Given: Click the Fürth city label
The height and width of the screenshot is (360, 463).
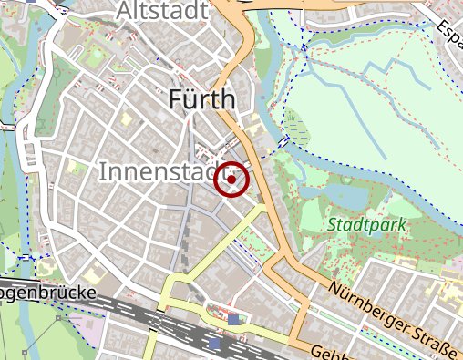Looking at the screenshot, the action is [x=202, y=98].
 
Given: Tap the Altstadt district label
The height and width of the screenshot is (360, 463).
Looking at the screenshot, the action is [x=163, y=11].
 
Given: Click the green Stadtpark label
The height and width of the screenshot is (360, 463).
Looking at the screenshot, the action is [x=366, y=223].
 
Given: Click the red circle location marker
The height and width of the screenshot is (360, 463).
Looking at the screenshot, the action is [x=231, y=180].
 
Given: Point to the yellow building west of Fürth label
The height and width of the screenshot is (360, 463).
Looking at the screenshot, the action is [x=126, y=118].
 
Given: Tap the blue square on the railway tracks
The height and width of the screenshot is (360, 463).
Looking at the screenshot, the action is [x=235, y=320].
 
